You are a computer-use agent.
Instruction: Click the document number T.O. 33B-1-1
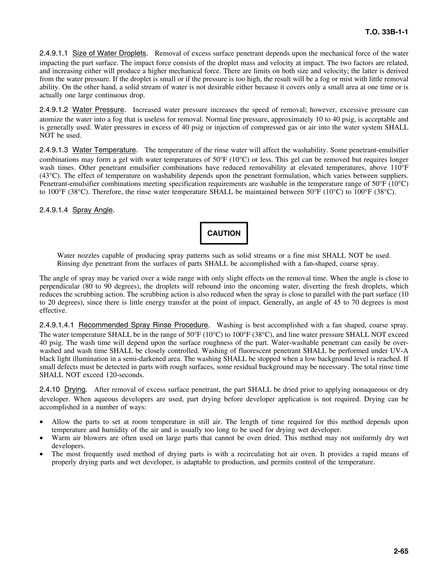tap(387, 32)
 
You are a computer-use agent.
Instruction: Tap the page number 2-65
tap(401, 551)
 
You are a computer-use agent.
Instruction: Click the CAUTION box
tap(224, 233)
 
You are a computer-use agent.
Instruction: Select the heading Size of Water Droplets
tap(109, 53)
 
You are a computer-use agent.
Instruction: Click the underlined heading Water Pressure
tap(98, 110)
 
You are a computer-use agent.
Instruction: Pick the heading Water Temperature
tap(104, 150)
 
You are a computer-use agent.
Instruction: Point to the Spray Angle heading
tap(93, 210)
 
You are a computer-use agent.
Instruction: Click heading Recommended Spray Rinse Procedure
tap(143, 325)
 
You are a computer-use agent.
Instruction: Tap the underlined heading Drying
tap(75, 390)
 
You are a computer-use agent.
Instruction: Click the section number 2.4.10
tap(50, 390)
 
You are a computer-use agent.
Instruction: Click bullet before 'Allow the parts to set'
tap(41, 422)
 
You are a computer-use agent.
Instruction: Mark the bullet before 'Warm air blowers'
tap(41, 438)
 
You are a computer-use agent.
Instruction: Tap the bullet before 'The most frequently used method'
tap(41, 454)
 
